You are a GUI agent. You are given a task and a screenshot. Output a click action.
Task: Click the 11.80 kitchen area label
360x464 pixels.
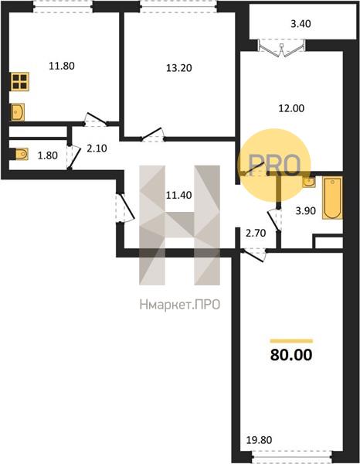pos(62,66)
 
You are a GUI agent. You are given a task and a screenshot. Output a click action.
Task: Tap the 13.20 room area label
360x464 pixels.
pos(178,68)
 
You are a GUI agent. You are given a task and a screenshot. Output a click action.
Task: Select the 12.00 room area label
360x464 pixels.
pos(291,108)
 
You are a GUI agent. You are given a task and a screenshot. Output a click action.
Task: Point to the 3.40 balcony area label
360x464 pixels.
pos(301,23)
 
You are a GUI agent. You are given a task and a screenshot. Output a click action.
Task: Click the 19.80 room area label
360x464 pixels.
pos(260,440)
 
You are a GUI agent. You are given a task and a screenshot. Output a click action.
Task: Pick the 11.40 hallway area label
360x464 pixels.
pos(178,195)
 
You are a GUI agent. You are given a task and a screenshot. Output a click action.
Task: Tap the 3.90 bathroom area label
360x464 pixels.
pos(306,210)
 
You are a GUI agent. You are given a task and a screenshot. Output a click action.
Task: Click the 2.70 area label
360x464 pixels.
pos(256,234)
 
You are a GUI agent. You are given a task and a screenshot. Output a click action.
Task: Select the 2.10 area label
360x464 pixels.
pos(97,148)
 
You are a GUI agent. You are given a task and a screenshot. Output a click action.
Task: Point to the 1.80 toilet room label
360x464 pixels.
pos(48,155)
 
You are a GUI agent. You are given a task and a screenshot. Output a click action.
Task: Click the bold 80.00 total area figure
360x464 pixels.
pos(291,355)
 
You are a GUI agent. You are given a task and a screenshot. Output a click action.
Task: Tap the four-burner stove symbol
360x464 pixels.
pos(20,81)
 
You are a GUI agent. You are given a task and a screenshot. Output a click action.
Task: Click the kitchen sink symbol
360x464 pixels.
pos(18,112)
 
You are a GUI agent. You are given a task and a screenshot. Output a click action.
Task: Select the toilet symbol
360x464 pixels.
pos(22,154)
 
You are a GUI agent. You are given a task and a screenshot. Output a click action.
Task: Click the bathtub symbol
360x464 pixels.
pos(332,198)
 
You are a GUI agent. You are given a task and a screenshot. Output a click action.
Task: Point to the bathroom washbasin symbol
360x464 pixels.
pos(309,182)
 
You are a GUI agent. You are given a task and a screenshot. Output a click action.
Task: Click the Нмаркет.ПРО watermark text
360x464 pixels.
pos(180,305)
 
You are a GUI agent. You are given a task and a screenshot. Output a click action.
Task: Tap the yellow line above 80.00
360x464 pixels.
pos(291,341)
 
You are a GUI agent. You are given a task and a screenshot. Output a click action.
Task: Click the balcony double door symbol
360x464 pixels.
pos(282,47)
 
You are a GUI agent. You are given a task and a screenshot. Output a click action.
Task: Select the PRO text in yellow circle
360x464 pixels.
pos(274,165)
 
